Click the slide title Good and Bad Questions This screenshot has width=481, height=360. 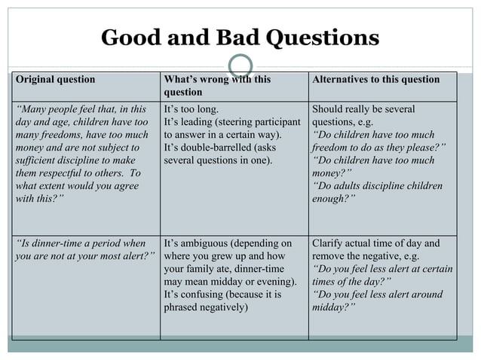point(240,37)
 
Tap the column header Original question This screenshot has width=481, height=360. point(56,80)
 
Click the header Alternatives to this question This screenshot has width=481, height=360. point(375,80)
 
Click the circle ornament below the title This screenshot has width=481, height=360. point(240,66)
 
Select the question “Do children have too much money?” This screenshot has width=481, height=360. point(373,166)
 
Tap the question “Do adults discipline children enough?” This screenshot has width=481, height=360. point(377,192)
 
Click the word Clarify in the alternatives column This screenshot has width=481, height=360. point(329,243)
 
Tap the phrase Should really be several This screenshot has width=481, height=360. point(363,109)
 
